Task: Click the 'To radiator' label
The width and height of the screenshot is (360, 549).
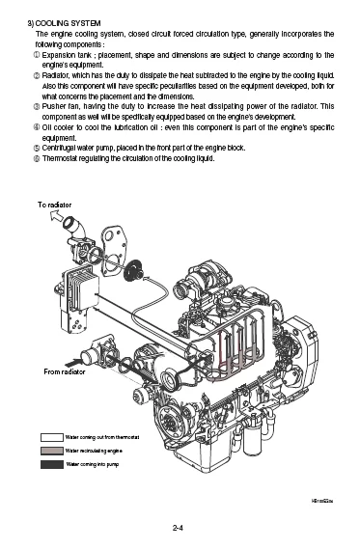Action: [x=55, y=206]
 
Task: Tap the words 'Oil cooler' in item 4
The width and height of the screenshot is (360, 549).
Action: [x=63, y=128]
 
